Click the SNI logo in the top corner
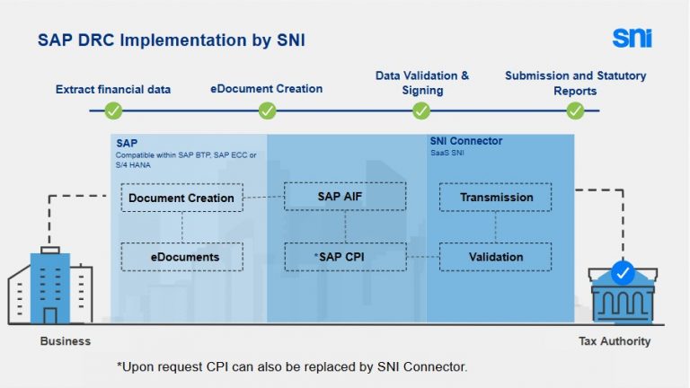pyautogui.click(x=632, y=38)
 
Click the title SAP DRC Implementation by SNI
pyautogui.click(x=176, y=40)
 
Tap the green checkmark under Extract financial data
pyautogui.click(x=113, y=110)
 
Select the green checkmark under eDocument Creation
pyautogui.click(x=267, y=110)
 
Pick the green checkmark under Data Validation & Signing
pyautogui.click(x=421, y=110)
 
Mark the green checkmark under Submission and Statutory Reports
pyautogui.click(x=575, y=110)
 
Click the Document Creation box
pyautogui.click(x=181, y=198)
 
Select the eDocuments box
pyautogui.click(x=181, y=257)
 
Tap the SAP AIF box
pyautogui.click(x=338, y=197)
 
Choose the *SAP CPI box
pyautogui.click(x=338, y=257)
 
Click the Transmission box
pyautogui.click(x=496, y=197)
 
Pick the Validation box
pyautogui.click(x=496, y=257)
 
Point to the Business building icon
pyautogui.click(x=49, y=286)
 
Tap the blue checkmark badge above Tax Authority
pyautogui.click(x=622, y=270)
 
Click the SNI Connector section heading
pyautogui.click(x=466, y=142)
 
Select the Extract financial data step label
pyautogui.click(x=113, y=90)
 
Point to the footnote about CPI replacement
pyautogui.click(x=292, y=366)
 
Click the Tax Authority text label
pyautogui.click(x=615, y=341)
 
